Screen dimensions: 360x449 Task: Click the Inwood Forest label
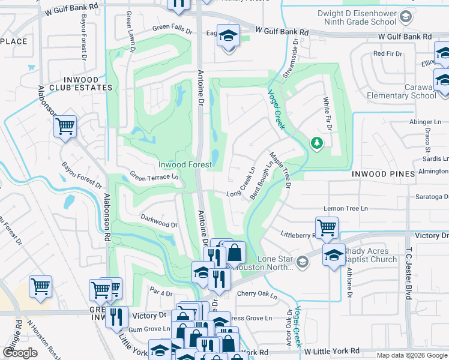coord(185,164)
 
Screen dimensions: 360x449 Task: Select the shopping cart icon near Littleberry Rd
coord(327,227)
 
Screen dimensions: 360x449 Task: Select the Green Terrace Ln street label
coord(155,177)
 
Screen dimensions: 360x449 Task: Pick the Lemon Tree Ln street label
coord(345,208)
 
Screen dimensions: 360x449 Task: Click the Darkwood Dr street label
coord(159,220)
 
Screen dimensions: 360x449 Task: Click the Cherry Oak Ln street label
coord(257,294)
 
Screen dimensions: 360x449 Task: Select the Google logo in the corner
coord(20,353)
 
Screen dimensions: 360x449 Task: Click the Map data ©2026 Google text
coord(412,355)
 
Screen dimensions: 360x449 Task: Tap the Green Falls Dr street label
coord(172,29)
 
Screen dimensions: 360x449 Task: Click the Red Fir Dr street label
coord(388,53)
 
